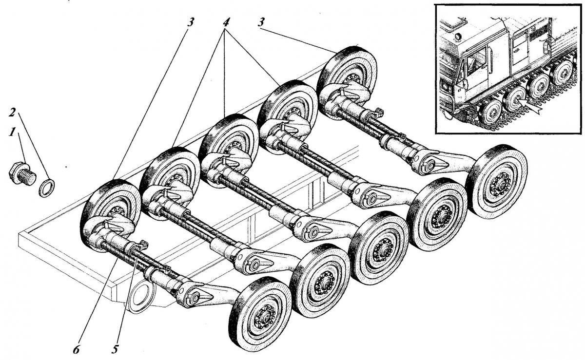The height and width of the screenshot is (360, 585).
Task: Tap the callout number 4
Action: click(225, 22)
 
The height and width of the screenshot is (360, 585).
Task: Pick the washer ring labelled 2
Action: click(46, 188)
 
